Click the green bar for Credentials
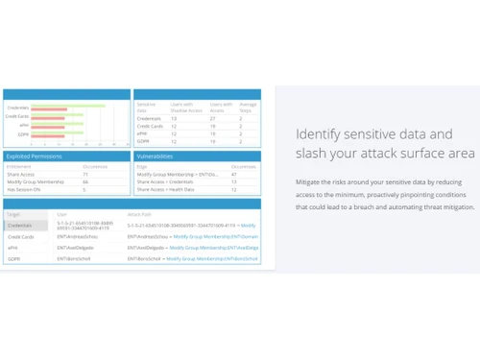point(67,107)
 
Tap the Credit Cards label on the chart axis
point(18,115)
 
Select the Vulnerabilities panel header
point(155,154)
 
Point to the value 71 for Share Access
point(85,173)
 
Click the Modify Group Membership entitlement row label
point(30,180)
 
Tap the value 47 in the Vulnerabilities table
point(235,173)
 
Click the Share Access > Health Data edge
point(166,188)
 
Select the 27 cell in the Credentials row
point(213,117)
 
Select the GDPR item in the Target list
point(14,259)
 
